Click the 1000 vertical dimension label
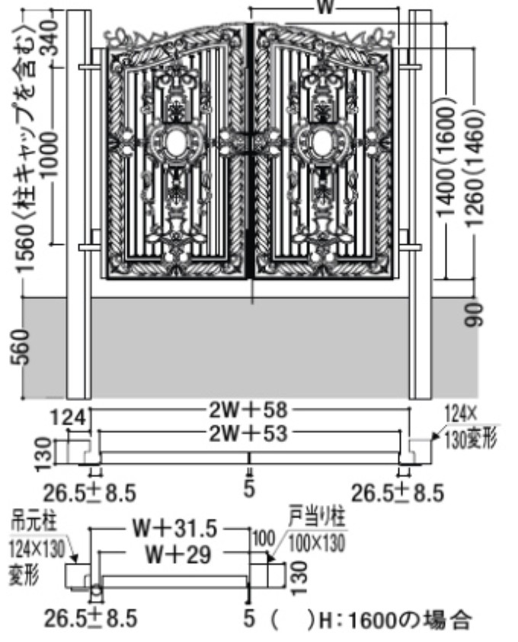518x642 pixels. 50,154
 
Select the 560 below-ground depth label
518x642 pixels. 21,346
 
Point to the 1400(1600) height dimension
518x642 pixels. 446,161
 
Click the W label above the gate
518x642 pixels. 325,7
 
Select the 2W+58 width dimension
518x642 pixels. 248,410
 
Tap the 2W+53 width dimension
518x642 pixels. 248,433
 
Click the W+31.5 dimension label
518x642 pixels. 174,529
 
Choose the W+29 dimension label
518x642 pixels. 178,555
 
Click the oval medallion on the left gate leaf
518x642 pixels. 177,142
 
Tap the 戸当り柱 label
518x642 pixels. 317,516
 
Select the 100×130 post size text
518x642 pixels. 316,543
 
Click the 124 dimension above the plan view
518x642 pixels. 68,418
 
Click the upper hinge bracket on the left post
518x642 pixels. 90,67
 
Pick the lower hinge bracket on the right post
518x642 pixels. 409,247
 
